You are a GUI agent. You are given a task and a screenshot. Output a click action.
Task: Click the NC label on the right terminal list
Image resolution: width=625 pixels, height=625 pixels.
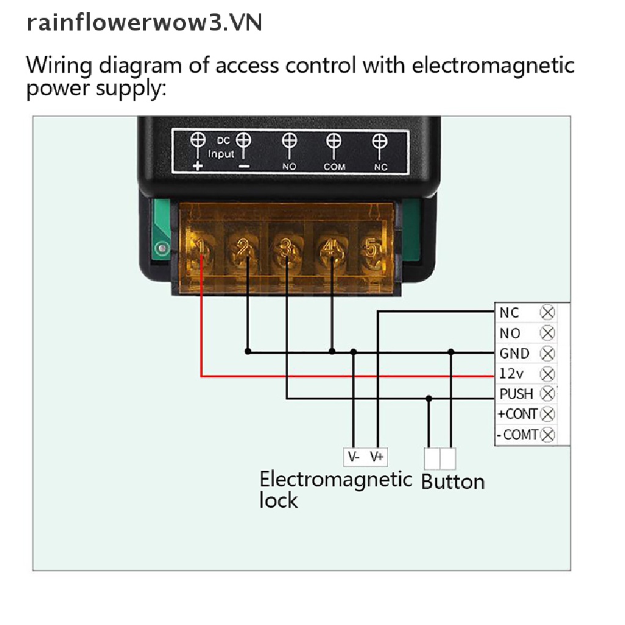click(509, 313)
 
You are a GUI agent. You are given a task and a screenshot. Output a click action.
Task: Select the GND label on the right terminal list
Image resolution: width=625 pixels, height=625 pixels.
click(515, 353)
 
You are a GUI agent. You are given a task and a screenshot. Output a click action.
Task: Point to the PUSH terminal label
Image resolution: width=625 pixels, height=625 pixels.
click(516, 394)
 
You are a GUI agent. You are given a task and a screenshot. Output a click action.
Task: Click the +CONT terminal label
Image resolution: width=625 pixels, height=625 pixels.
click(518, 414)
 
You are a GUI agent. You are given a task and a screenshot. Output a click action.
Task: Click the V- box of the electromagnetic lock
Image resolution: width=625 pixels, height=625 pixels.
click(354, 457)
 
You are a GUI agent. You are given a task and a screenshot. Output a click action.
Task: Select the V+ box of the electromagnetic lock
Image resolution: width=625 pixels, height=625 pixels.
click(377, 457)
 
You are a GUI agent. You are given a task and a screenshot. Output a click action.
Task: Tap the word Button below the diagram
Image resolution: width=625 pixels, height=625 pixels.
click(453, 482)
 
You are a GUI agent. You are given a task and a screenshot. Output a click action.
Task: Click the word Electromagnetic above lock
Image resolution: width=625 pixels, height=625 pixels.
click(336, 479)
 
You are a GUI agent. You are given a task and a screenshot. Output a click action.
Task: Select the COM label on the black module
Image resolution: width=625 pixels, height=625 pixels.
click(334, 167)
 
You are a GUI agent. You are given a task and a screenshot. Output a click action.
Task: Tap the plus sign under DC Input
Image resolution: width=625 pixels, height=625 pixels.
click(198, 166)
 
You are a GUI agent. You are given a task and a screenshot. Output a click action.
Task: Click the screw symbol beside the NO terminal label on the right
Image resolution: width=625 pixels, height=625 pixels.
click(547, 333)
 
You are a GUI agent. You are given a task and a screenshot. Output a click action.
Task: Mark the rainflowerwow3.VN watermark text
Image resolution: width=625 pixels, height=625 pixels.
click(144, 23)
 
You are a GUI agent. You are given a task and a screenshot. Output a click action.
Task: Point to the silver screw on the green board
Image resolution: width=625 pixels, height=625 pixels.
click(161, 248)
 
